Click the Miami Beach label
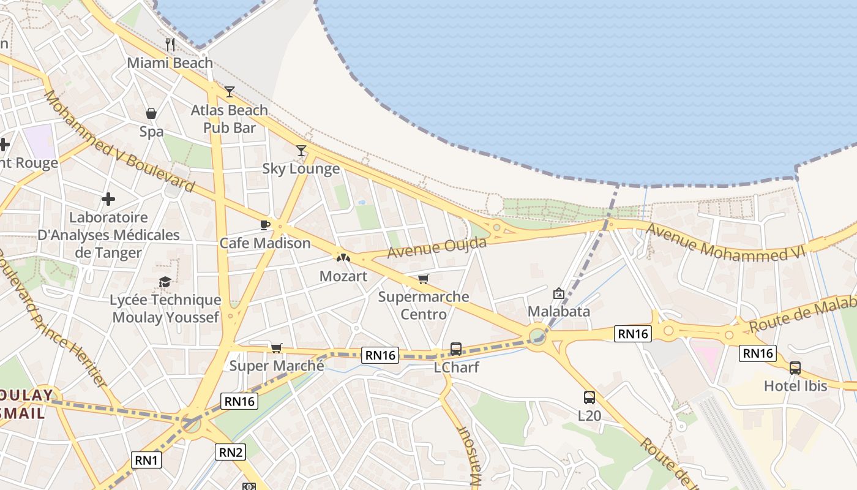click(x=170, y=63)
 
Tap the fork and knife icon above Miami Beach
click(x=170, y=44)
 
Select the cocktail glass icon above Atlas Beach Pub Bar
click(x=230, y=92)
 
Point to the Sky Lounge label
click(x=301, y=168)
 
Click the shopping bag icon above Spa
click(x=151, y=113)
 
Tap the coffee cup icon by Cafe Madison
click(x=265, y=225)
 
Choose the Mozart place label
click(x=343, y=276)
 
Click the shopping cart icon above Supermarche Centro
click(x=423, y=279)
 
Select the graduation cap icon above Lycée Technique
click(x=165, y=282)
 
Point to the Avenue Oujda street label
click(x=437, y=247)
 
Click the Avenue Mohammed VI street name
click(x=725, y=243)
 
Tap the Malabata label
click(x=559, y=311)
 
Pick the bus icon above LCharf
click(x=456, y=349)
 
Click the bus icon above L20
click(x=589, y=398)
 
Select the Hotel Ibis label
click(x=795, y=386)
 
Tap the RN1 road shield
click(x=147, y=459)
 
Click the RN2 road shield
click(x=231, y=452)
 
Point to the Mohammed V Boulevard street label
click(x=119, y=141)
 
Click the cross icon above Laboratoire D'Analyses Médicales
click(x=108, y=199)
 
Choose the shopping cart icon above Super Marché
click(x=277, y=348)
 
